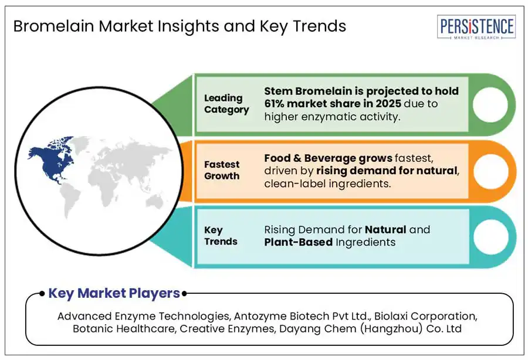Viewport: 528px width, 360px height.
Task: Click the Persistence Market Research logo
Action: [x=476, y=27]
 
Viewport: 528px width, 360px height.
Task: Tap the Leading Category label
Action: [x=226, y=104]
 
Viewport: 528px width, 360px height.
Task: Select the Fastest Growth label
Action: [x=222, y=170]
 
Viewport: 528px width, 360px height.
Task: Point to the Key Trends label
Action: [x=221, y=236]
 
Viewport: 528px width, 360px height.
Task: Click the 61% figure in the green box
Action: [x=274, y=104]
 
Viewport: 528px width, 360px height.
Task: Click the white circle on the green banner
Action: [x=490, y=104]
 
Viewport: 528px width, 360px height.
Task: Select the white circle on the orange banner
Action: [x=490, y=171]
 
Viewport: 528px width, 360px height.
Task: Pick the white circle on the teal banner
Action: [x=490, y=237]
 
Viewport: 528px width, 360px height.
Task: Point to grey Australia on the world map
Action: [x=155, y=202]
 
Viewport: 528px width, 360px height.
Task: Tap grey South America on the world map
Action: [x=70, y=199]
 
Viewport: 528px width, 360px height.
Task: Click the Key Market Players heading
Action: [x=114, y=293]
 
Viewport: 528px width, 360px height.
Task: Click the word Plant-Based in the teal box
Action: [x=299, y=242]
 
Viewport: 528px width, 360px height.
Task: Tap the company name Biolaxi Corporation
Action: [x=425, y=316]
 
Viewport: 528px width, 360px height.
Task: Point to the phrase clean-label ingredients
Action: [x=327, y=184]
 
